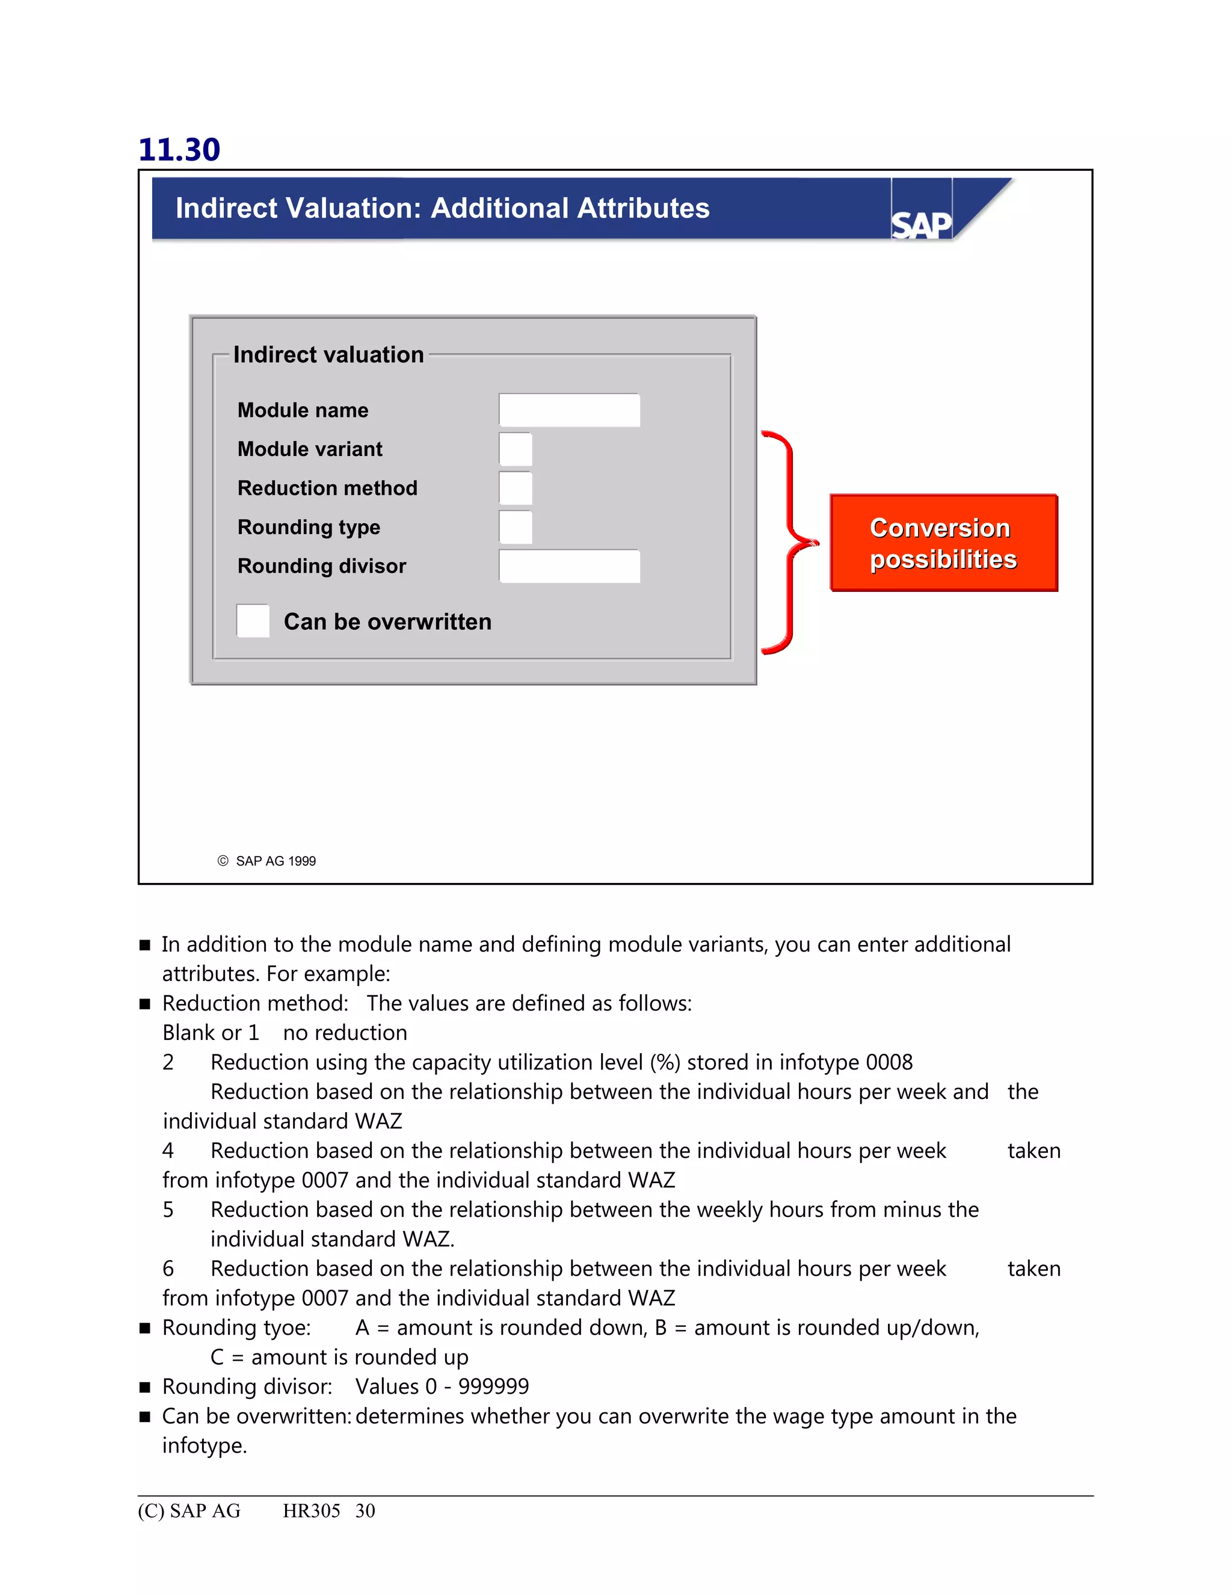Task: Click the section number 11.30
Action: [x=179, y=150]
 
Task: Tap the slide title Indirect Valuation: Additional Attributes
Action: [x=442, y=208]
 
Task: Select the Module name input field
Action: [x=569, y=410]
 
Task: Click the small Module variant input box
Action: [x=516, y=449]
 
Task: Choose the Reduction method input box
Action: [x=516, y=488]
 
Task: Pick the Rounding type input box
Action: [x=516, y=527]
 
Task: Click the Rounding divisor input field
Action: [x=569, y=567]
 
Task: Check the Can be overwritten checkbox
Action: [x=253, y=621]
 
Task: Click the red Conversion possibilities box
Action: [x=943, y=543]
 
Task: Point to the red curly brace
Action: [x=790, y=543]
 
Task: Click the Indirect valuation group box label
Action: [x=328, y=355]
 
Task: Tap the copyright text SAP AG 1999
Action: [x=275, y=861]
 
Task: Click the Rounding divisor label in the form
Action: [x=322, y=567]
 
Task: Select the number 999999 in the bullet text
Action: [x=493, y=1386]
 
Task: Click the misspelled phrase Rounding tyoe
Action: [x=236, y=1328]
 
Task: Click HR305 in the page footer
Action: [x=312, y=1511]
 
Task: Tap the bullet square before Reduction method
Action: [x=145, y=1005]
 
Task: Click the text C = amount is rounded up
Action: [x=339, y=1358]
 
